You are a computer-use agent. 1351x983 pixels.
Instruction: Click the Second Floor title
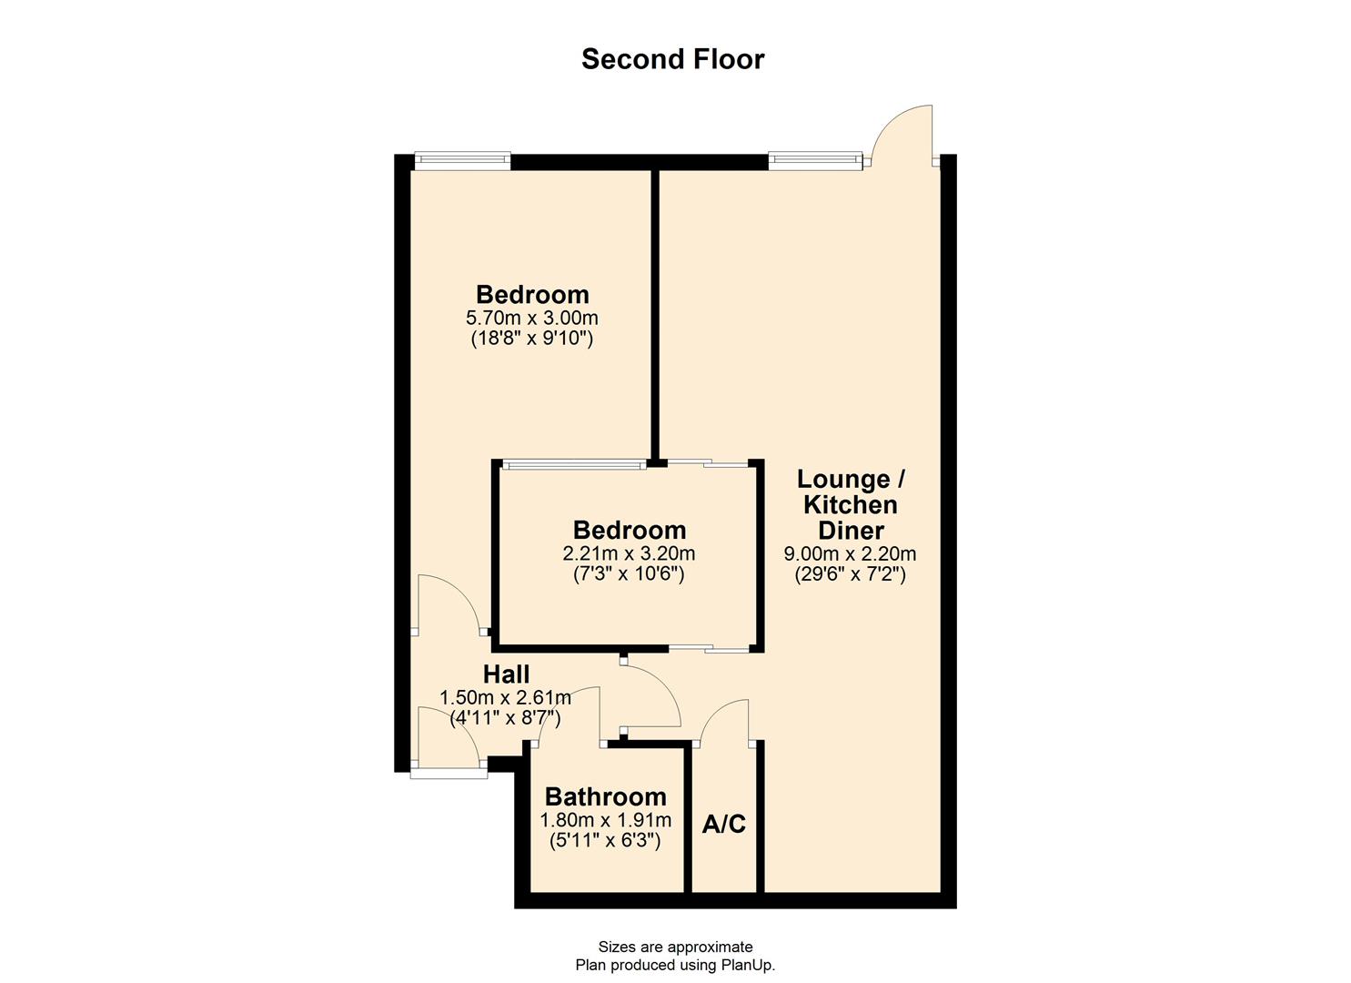pos(672,59)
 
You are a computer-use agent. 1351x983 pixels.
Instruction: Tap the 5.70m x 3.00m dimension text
pos(532,318)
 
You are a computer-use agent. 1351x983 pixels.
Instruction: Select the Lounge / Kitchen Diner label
pos(851,504)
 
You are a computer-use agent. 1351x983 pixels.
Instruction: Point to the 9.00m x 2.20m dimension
pos(850,553)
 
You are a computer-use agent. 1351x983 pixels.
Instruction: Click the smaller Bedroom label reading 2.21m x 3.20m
pos(629,530)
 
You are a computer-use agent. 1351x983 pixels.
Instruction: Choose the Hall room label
pos(506,674)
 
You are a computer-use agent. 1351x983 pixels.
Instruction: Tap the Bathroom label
pos(605,796)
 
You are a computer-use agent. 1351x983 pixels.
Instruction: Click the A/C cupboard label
pos(724,824)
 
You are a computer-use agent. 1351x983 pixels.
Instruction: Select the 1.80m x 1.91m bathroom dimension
pos(605,820)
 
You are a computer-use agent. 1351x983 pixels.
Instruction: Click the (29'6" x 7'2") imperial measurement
pos(850,574)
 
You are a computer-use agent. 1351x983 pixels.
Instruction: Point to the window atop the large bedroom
pos(462,161)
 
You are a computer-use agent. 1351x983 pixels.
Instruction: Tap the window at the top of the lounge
pos(814,161)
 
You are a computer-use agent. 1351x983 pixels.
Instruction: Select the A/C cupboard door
pos(725,722)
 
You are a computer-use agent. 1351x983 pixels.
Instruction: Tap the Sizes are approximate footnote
pos(675,947)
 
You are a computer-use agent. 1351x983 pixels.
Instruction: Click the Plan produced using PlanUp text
pos(675,965)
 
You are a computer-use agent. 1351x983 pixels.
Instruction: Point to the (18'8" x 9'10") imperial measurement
pos(532,339)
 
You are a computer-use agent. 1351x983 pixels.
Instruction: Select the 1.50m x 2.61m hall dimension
pos(506,698)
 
